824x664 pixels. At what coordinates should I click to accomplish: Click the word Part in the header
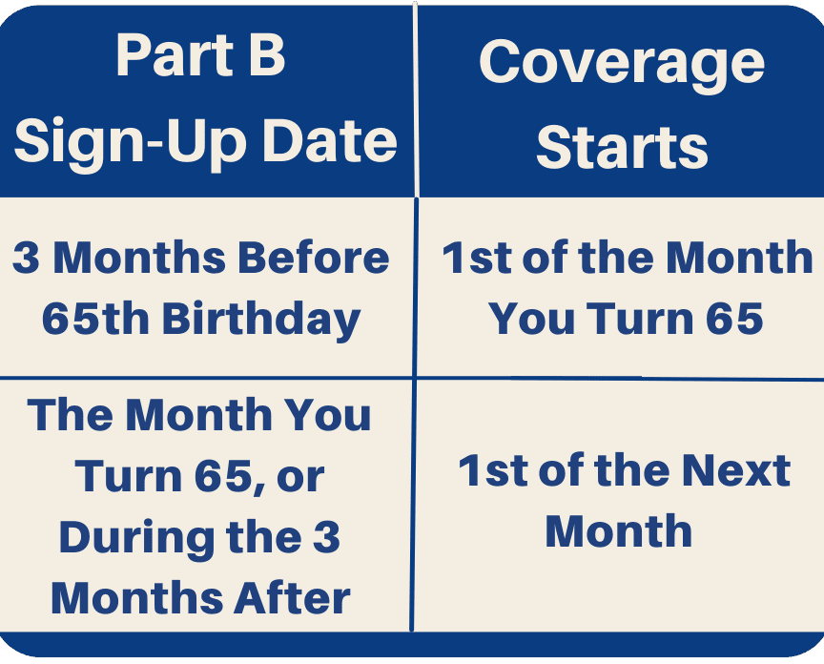tap(175, 55)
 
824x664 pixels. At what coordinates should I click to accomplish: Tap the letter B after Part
tap(267, 55)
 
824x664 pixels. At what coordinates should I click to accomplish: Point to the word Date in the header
tap(329, 140)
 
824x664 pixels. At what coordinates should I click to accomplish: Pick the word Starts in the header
tap(622, 147)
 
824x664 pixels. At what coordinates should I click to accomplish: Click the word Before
tap(314, 258)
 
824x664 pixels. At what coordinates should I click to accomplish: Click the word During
tap(136, 539)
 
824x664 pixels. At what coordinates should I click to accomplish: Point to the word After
tap(292, 598)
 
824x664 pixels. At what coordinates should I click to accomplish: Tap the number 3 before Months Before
tap(27, 258)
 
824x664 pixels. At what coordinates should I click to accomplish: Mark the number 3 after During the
tap(327, 538)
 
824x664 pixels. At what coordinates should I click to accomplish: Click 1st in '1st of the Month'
tap(477, 258)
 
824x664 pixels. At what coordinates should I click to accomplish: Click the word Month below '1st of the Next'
tap(619, 531)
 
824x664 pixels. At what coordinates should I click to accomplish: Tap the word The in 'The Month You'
tap(71, 415)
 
